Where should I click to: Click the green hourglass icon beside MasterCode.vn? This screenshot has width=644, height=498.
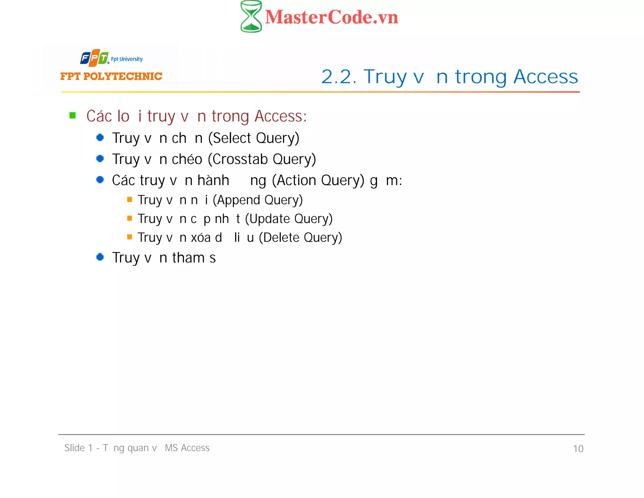click(251, 16)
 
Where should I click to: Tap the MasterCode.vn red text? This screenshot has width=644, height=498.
click(331, 17)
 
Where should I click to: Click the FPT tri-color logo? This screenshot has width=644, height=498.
click(94, 58)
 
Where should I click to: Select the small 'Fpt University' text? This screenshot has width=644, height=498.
click(127, 59)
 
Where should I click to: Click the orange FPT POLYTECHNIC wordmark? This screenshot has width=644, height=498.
click(111, 76)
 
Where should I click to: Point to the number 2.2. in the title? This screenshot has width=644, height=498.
click(339, 76)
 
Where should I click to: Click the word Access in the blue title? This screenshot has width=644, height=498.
click(546, 76)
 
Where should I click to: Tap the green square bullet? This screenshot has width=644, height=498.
click(73, 116)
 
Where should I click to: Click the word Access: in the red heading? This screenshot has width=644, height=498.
click(280, 116)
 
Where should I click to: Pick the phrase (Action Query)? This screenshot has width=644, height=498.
click(318, 180)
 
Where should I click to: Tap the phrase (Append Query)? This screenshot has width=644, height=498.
click(258, 200)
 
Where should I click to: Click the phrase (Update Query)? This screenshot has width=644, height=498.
click(289, 219)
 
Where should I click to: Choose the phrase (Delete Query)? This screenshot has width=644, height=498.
click(300, 237)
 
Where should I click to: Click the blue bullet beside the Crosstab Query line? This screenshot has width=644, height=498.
click(100, 158)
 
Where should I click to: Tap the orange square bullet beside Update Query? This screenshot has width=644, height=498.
click(129, 218)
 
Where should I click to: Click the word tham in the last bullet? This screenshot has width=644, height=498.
click(188, 258)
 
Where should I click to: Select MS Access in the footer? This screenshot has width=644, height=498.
click(187, 448)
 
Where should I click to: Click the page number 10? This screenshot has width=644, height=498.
click(578, 449)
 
